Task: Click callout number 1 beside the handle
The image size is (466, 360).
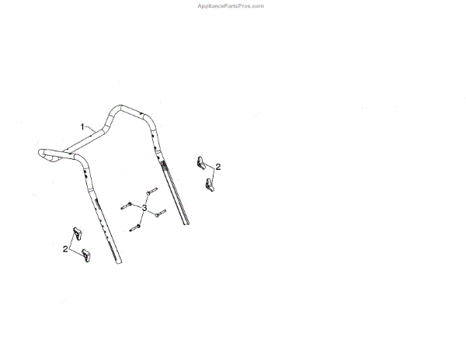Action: pyautogui.click(x=82, y=125)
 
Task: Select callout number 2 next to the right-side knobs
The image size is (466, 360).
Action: pyautogui.click(x=218, y=167)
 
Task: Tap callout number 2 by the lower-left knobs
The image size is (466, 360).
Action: pyautogui.click(x=64, y=248)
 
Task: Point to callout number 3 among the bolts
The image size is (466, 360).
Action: pyautogui.click(x=144, y=208)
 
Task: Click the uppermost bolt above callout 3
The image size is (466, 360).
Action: pyautogui.click(x=150, y=190)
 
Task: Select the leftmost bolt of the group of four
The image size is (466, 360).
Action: pyautogui.click(x=126, y=206)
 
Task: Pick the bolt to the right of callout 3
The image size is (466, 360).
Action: pyautogui.click(x=161, y=213)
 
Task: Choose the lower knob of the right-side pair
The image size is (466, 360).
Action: pyautogui.click(x=209, y=185)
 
